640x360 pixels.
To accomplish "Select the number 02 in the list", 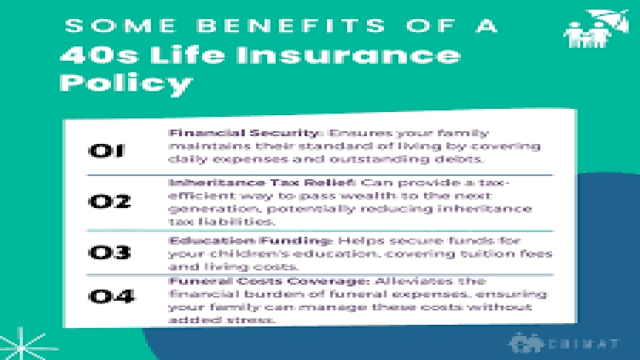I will pyautogui.click(x=109, y=202).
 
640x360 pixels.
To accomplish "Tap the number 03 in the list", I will pyautogui.click(x=109, y=252).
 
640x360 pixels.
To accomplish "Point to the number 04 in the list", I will pyautogui.click(x=111, y=296).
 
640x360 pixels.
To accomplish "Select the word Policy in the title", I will pyautogui.click(x=126, y=83).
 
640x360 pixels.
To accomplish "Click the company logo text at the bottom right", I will pyautogui.click(x=585, y=344).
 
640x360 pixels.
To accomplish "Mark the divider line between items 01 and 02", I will pyautogui.click(x=320, y=175).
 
